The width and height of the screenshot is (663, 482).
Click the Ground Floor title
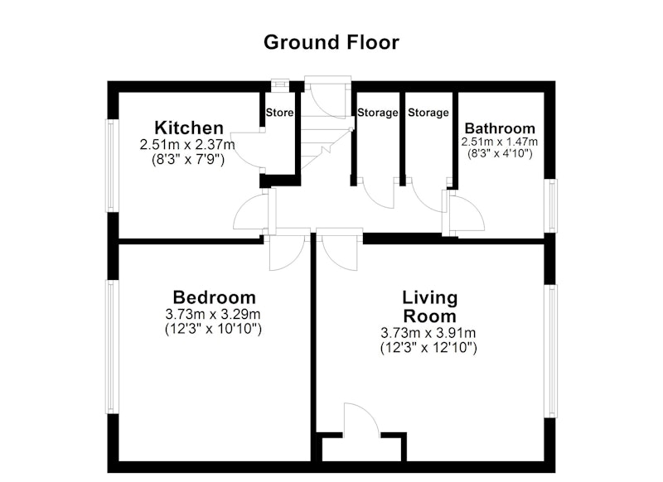coord(331,43)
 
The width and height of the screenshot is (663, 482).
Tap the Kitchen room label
coord(189,128)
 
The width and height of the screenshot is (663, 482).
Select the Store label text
coord(279,113)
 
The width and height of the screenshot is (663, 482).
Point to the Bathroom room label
coord(500,128)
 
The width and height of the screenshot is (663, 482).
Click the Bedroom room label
coord(215,297)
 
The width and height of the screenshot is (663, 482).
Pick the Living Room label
coord(429,306)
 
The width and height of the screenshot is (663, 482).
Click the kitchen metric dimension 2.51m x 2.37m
coord(187,145)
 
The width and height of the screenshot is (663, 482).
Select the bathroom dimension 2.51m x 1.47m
coord(500,142)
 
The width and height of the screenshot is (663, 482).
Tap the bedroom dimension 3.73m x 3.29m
coord(213,314)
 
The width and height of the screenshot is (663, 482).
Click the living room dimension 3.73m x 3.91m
coord(428,333)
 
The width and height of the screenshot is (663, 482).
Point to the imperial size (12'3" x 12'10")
coord(428,348)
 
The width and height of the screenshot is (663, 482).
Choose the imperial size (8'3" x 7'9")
coord(188,160)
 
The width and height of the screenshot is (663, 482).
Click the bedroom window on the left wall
coord(111,347)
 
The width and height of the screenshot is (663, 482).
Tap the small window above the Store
coord(279,84)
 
